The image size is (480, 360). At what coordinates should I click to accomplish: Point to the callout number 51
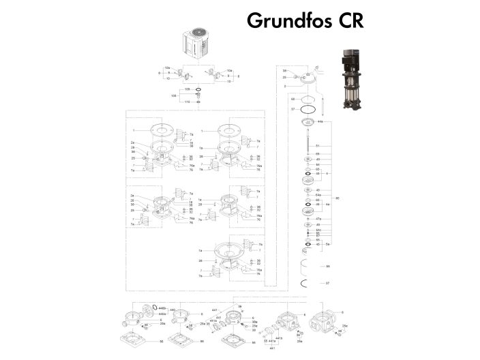tap(318, 146)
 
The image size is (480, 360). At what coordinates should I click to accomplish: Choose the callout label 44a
tap(320, 121)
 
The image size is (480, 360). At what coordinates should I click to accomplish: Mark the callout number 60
tap(293, 100)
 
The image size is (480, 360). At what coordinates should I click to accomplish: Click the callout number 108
tap(174, 96)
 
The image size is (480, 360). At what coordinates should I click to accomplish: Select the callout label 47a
tap(318, 219)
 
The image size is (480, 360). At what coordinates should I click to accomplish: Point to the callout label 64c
tap(318, 230)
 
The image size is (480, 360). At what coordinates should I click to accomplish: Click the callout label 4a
tap(328, 204)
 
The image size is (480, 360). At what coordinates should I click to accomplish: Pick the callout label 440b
tap(162, 309)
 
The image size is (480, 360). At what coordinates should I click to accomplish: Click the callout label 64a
tap(318, 195)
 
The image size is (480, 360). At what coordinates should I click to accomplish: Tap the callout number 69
tap(318, 154)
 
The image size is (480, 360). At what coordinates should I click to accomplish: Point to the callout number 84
tap(318, 164)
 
